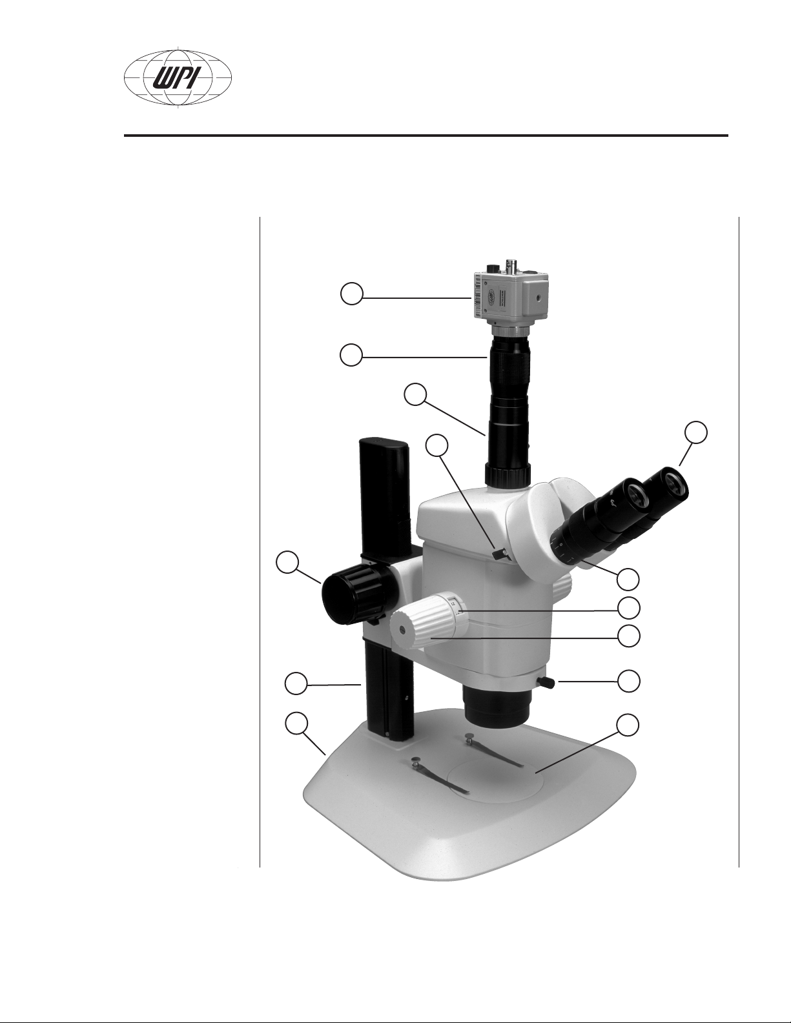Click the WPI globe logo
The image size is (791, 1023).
tap(178, 77)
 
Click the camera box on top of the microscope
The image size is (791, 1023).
tap(507, 295)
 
